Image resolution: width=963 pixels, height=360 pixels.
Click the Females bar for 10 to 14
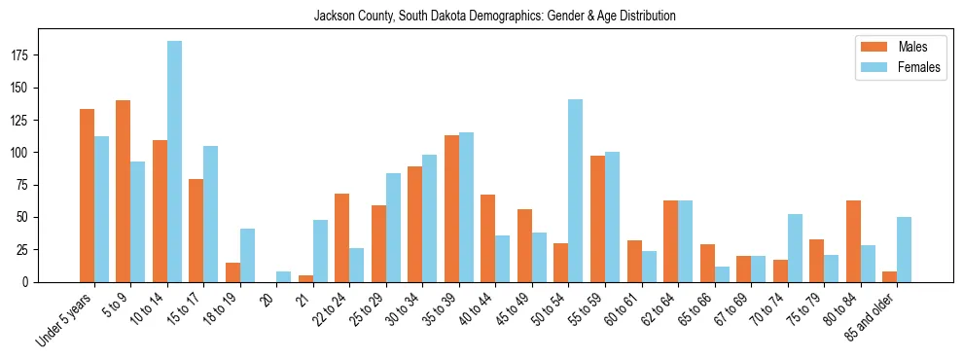pyautogui.click(x=174, y=162)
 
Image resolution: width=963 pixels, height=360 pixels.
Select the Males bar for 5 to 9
pyautogui.click(x=124, y=191)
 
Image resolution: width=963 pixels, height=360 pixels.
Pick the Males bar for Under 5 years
pyautogui.click(x=87, y=196)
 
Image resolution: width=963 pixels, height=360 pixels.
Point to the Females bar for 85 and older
pyautogui.click(x=904, y=250)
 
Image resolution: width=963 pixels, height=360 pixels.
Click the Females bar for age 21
pyautogui.click(x=320, y=251)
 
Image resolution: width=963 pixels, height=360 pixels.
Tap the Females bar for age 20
pyautogui.click(x=284, y=276)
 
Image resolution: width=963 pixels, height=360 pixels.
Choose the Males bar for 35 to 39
pyautogui.click(x=451, y=209)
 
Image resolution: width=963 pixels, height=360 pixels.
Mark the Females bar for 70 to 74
pyautogui.click(x=795, y=248)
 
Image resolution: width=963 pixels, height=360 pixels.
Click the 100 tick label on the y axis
pyautogui.click(x=23, y=153)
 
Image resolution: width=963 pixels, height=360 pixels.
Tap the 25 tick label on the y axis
pyautogui.click(x=26, y=249)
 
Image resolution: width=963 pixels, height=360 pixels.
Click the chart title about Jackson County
pyautogui.click(x=495, y=17)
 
